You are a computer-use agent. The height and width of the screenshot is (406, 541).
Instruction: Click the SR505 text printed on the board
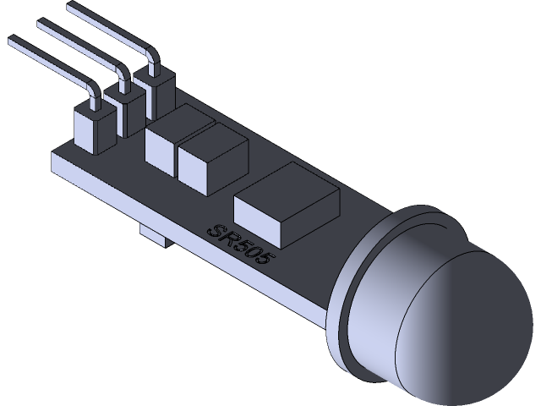240,245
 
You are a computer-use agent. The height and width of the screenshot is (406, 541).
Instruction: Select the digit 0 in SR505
250,252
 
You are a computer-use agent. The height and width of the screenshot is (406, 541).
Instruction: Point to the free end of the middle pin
40,25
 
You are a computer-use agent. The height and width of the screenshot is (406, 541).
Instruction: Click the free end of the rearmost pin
71,7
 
